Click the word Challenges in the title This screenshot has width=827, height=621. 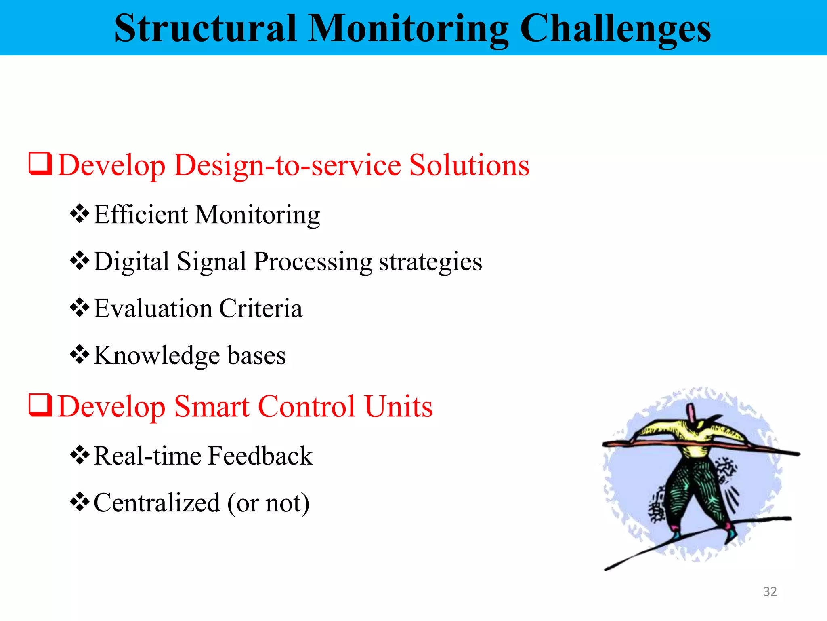point(615,28)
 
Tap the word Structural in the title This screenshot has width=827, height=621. point(206,28)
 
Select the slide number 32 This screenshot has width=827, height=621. point(770,591)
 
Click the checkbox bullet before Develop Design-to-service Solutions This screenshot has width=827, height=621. point(40,164)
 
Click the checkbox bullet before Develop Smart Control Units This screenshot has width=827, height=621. point(40,405)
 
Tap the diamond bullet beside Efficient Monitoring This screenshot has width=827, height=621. point(80,214)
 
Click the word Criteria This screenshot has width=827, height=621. point(260,308)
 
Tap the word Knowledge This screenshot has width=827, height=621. point(157,356)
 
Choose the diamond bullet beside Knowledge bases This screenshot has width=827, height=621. point(80,355)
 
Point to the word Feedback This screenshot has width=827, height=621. point(260,456)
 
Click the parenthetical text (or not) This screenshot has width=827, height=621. point(268,503)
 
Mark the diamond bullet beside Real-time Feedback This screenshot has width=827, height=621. point(80,455)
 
